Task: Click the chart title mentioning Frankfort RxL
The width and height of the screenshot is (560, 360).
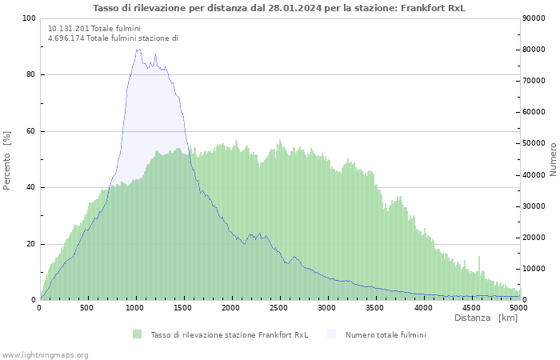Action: [279, 8]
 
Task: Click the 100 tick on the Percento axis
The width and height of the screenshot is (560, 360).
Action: [29, 18]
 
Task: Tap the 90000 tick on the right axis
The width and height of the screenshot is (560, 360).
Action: [535, 18]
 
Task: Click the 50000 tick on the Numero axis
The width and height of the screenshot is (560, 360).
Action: [535, 143]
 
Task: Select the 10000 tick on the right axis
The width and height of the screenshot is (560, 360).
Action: [535, 269]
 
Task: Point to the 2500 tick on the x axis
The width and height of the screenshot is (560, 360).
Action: [279, 307]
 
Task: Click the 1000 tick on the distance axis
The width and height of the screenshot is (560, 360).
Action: [135, 307]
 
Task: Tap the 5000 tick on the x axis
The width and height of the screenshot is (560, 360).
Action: [518, 307]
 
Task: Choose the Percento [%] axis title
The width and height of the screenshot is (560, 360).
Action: [8, 159]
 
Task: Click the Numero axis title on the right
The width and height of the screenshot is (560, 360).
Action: [552, 159]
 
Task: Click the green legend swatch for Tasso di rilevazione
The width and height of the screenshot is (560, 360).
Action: [138, 334]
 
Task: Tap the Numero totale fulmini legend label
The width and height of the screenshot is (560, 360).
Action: [386, 334]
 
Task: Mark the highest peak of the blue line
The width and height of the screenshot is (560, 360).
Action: [138, 50]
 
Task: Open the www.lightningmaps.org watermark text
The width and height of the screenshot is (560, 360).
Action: [46, 354]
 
